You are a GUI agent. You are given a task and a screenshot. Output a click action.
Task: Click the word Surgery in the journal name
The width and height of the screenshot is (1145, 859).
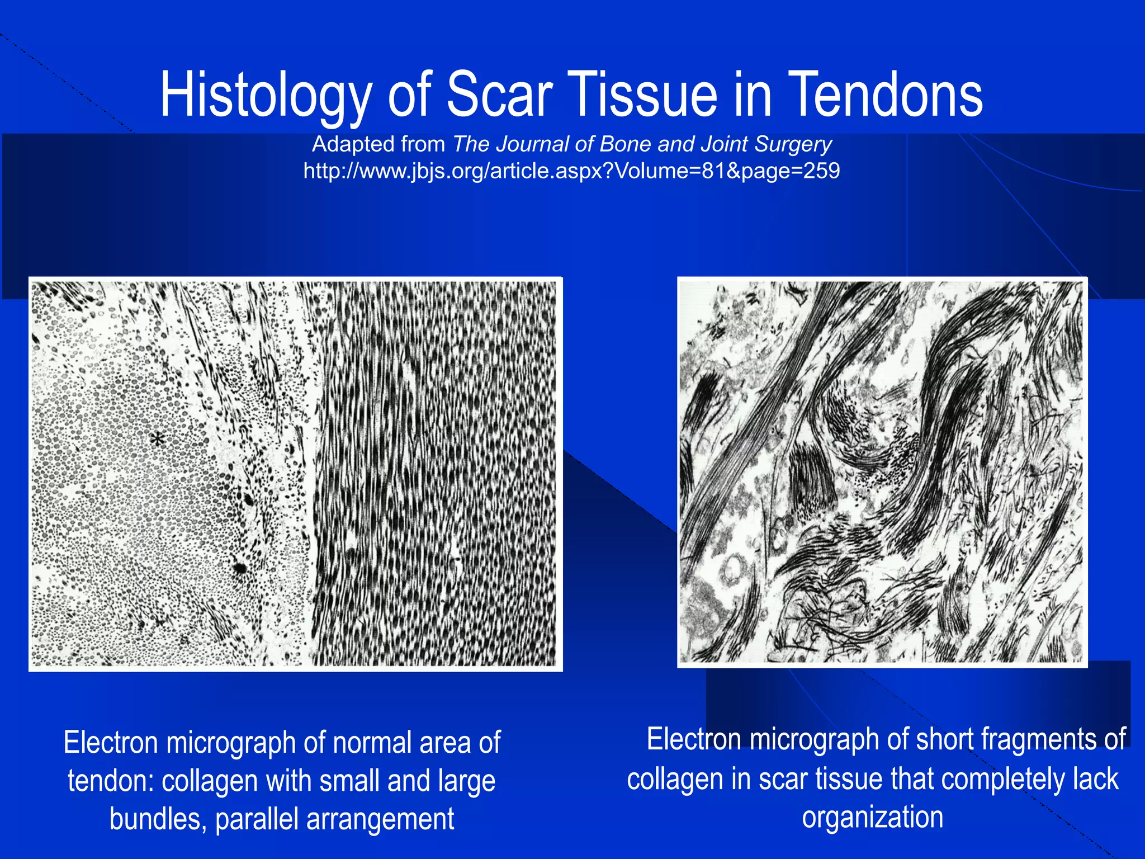pyautogui.click(x=793, y=144)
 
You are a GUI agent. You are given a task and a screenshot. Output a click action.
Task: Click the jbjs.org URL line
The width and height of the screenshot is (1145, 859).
pyautogui.click(x=571, y=171)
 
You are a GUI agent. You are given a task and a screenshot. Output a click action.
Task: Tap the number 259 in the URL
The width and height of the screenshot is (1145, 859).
pyautogui.click(x=821, y=171)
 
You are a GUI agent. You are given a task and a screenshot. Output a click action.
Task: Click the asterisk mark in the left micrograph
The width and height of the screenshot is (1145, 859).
pyautogui.click(x=158, y=441)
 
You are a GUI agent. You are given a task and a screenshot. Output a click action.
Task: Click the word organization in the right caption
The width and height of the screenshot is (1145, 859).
pyautogui.click(x=873, y=817)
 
